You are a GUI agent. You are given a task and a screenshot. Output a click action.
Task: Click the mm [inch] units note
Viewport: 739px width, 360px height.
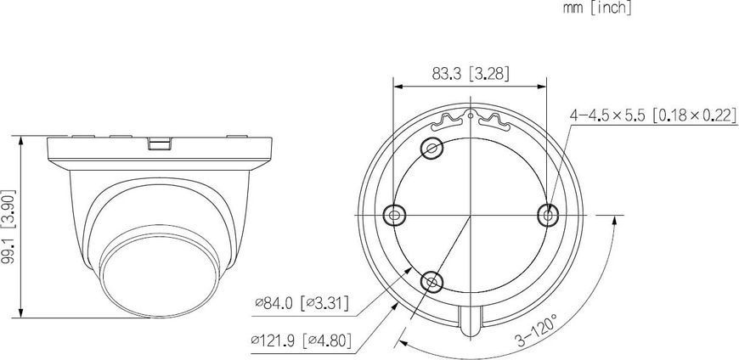tap(597, 8)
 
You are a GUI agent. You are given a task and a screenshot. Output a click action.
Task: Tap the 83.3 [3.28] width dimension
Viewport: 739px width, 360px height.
tap(471, 74)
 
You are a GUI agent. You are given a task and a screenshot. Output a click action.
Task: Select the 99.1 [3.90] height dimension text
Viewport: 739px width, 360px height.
tap(8, 227)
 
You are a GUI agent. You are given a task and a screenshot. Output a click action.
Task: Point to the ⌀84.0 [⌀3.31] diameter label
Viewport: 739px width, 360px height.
tap(302, 303)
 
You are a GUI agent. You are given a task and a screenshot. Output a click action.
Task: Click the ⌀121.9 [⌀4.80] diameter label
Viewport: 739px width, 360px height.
tap(302, 340)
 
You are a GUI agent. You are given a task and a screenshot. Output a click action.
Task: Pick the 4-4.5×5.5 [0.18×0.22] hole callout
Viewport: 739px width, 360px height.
tap(653, 115)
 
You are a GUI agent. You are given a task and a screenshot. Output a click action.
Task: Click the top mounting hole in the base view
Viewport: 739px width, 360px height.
tap(432, 149)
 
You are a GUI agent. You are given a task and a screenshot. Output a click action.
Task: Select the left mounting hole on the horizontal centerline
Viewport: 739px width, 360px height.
tap(394, 216)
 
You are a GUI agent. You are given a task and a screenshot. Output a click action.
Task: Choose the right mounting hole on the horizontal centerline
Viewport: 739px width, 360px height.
tap(547, 216)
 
